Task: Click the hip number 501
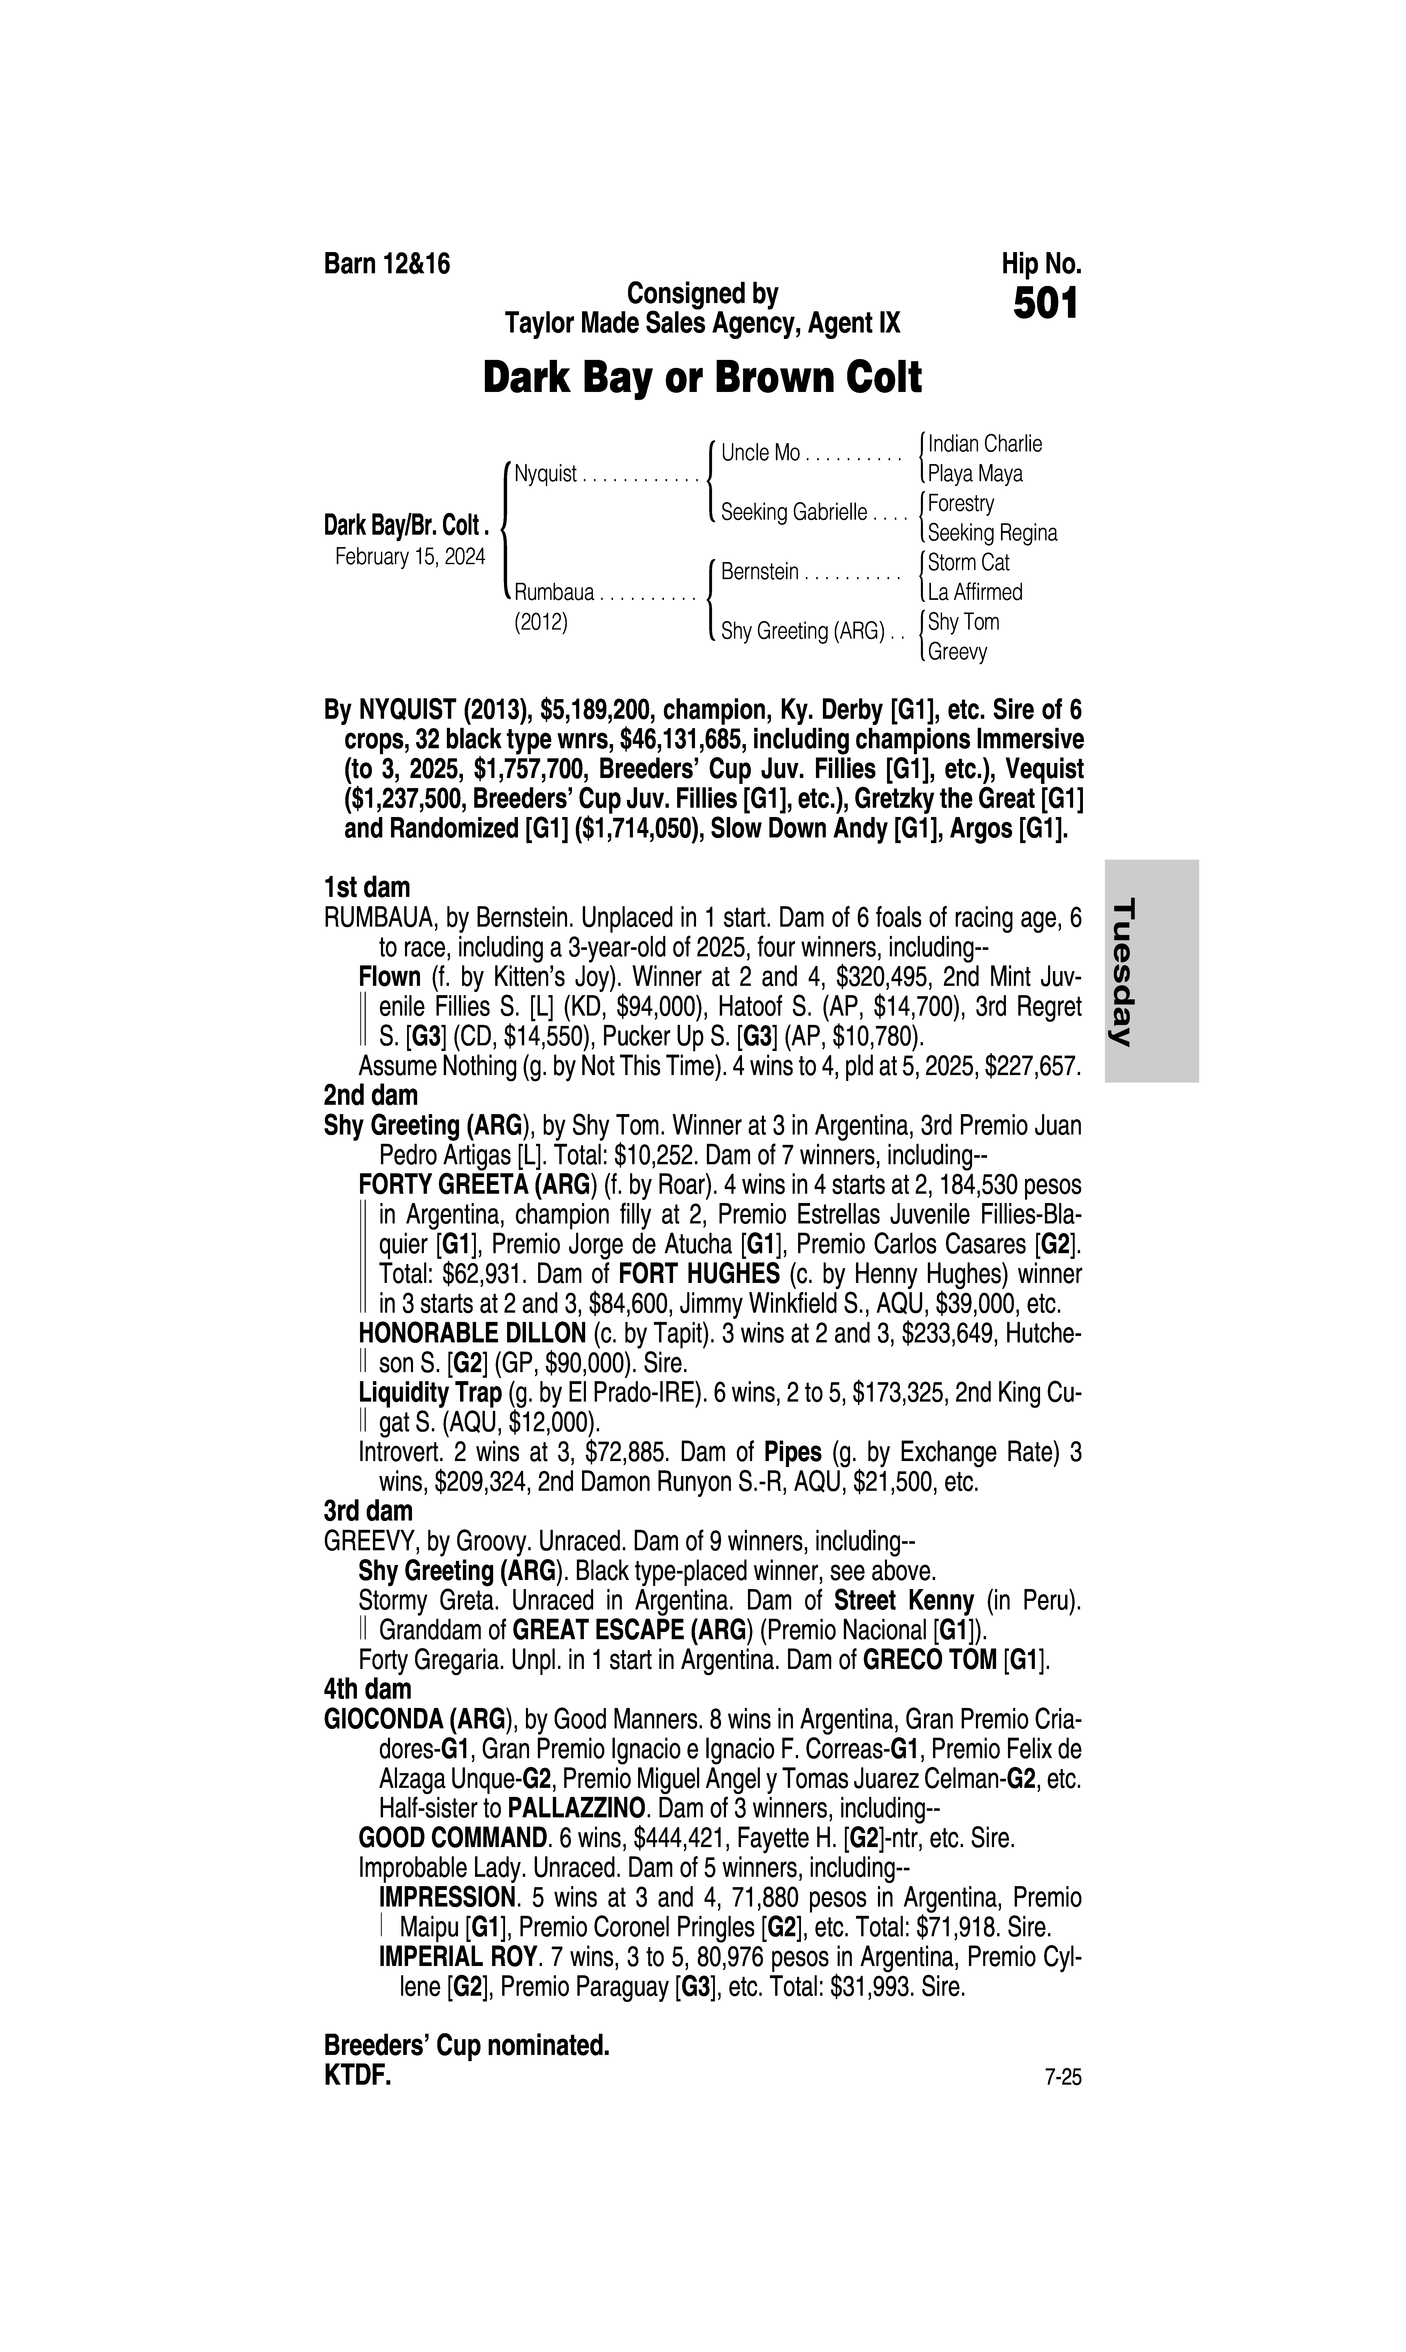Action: (1046, 304)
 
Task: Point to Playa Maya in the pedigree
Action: (975, 474)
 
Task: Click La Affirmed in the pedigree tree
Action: (975, 592)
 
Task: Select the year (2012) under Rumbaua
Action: (541, 623)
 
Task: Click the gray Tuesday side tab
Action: (1151, 971)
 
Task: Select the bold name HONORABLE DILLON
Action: (472, 1333)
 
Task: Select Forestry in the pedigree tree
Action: (961, 503)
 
